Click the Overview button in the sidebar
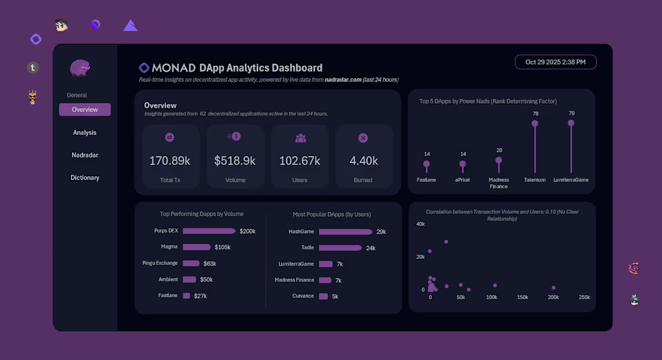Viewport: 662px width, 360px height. point(85,110)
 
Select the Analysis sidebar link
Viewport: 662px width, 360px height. point(85,132)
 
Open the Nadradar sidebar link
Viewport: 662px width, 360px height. point(85,155)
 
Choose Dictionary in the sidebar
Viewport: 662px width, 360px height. point(85,178)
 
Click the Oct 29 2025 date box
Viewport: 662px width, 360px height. point(555,62)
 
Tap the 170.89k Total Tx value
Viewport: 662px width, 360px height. point(170,161)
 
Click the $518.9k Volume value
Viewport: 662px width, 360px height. point(235,161)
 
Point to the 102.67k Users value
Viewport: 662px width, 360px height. point(300,161)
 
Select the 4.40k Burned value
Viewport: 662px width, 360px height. point(363,161)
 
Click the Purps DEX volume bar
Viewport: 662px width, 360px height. point(209,231)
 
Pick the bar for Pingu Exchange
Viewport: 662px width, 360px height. point(191,263)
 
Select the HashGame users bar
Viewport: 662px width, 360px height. point(345,232)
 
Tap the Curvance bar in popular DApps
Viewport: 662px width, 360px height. point(323,296)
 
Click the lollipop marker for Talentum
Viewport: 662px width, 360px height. point(534,123)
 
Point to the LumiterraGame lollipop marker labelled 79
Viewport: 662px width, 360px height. point(571,123)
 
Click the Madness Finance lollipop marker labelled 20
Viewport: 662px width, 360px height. point(499,161)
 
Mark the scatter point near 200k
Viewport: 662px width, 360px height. point(554,288)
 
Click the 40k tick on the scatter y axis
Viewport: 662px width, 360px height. point(420,224)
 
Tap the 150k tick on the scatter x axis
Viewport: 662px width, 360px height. point(522,297)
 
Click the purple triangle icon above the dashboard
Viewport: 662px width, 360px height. point(131,25)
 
